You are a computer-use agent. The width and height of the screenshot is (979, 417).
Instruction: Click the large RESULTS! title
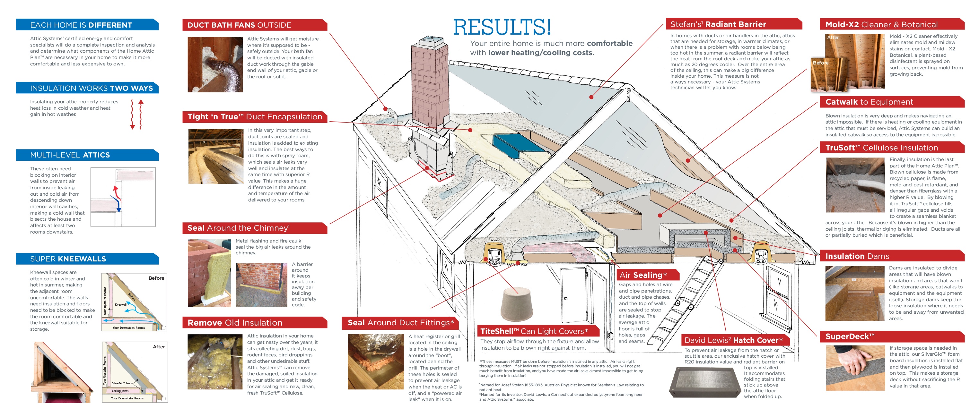click(x=502, y=27)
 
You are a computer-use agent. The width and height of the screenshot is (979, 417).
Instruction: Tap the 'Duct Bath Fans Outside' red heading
click(x=240, y=25)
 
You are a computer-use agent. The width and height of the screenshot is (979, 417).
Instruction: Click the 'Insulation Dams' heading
click(x=857, y=256)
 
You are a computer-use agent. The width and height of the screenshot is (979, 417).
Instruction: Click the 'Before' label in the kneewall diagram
click(x=156, y=278)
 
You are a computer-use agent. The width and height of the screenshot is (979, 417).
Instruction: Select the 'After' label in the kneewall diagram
click(x=159, y=347)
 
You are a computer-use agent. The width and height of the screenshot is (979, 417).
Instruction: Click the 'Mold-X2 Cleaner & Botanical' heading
click(x=881, y=25)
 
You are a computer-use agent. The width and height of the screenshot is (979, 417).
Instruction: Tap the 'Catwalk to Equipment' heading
click(x=869, y=102)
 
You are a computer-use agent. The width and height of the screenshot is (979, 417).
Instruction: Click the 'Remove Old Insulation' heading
click(x=235, y=322)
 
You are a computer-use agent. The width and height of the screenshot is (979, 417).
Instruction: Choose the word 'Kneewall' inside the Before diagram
click(x=120, y=305)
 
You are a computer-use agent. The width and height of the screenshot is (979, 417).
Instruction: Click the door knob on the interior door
click(x=566, y=299)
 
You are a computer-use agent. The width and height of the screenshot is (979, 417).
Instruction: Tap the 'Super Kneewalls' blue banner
click(x=68, y=259)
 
